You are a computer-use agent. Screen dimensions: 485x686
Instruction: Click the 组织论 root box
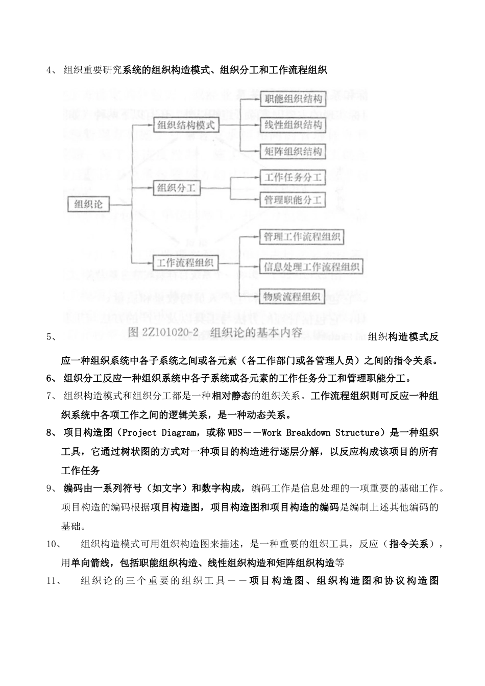[x=88, y=205]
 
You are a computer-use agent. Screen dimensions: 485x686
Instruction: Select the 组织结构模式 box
[x=186, y=125]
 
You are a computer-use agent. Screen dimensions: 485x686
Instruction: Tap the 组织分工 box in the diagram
[x=176, y=188]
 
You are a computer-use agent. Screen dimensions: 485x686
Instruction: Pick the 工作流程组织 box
[x=185, y=263]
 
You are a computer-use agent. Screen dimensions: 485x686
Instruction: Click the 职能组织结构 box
[x=293, y=99]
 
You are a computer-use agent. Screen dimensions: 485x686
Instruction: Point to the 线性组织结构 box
[x=293, y=125]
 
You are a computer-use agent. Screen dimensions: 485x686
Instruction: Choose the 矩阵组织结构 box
[x=293, y=151]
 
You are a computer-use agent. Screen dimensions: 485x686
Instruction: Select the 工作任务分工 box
[x=293, y=178]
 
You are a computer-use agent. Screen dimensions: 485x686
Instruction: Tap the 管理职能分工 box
[x=293, y=200]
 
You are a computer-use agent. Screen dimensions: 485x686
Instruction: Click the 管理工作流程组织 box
[x=301, y=237]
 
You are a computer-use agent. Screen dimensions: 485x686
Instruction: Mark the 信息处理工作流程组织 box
[x=311, y=266]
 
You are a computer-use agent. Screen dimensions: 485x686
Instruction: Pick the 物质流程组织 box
[x=292, y=296]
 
